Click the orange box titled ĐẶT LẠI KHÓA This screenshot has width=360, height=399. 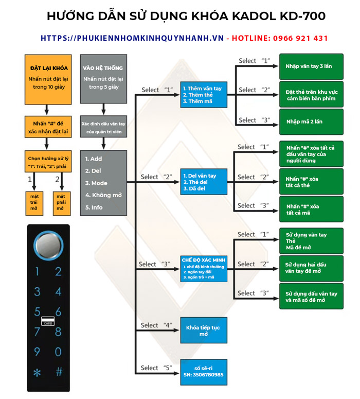coord(47,78)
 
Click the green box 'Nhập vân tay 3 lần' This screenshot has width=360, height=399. coord(311,66)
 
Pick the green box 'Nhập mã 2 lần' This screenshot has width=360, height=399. coord(311,122)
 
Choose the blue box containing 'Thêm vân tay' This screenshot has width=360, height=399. coord(203,94)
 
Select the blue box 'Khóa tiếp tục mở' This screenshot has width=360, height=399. coord(203,331)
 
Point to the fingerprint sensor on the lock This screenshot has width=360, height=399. coord(47,244)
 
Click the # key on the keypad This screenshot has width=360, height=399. coord(59,372)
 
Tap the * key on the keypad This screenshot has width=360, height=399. coord(37,372)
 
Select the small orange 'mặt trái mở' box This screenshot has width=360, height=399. coord(35,201)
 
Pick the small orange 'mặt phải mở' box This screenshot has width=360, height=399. coord(61,201)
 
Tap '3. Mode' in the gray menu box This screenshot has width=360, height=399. coord(96,183)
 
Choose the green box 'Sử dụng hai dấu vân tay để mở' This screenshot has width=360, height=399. coord(311,267)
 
